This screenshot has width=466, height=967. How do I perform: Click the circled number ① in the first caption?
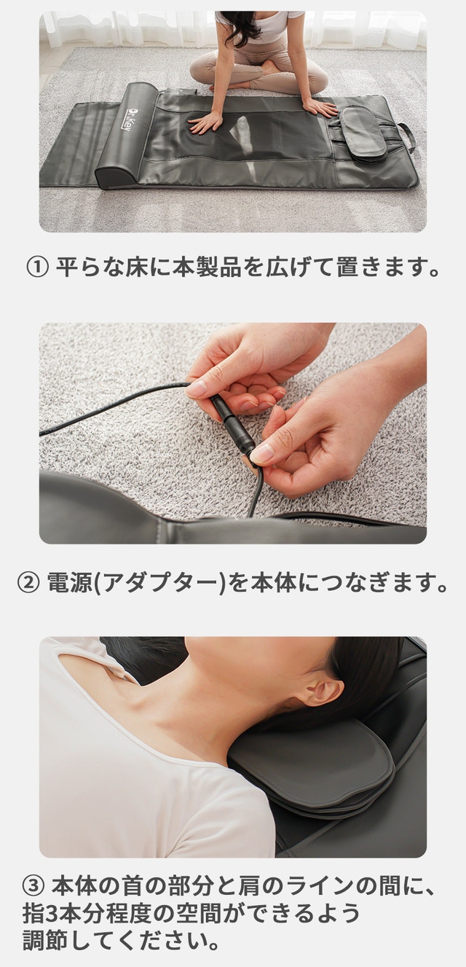[38, 267]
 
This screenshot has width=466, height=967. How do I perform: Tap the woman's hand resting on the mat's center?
[205, 122]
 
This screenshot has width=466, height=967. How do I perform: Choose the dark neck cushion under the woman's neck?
[312, 760]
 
